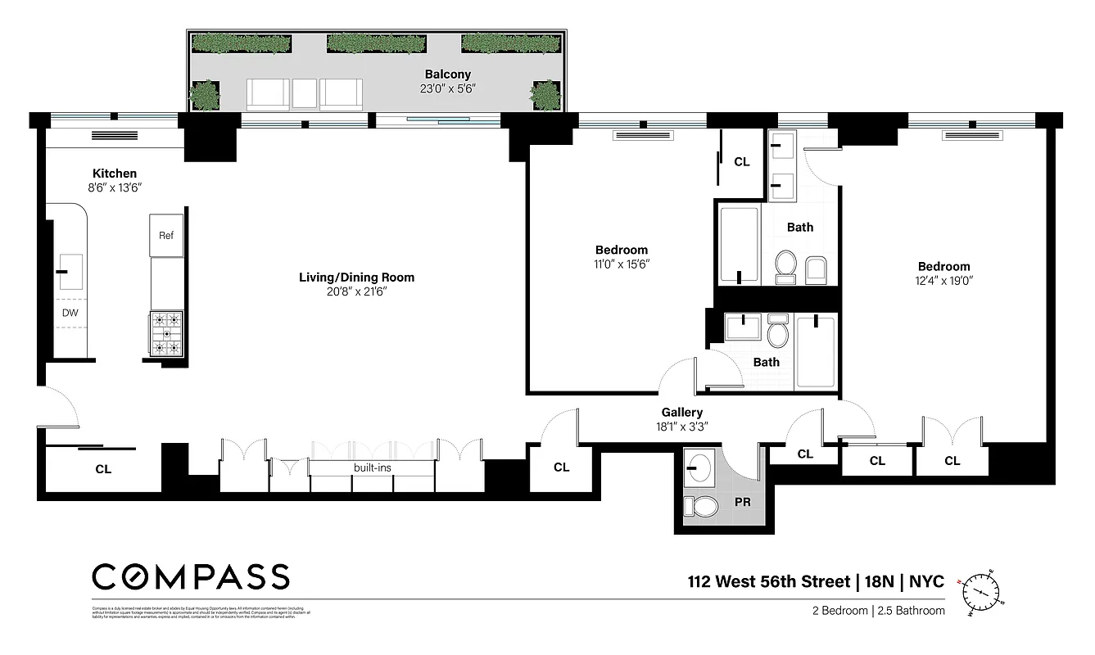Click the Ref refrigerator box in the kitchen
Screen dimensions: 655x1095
click(166, 236)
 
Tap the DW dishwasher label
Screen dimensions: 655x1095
click(70, 313)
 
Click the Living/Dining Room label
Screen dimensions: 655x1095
click(356, 278)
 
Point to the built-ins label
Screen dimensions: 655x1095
click(372, 468)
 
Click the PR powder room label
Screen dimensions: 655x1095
click(742, 500)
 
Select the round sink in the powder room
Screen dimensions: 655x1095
click(701, 468)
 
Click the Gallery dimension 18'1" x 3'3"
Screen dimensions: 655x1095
click(681, 427)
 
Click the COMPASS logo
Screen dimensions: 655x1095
click(190, 576)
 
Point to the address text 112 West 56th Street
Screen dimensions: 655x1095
click(767, 582)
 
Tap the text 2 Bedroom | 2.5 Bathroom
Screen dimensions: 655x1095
click(878, 611)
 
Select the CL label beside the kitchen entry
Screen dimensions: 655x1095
click(103, 469)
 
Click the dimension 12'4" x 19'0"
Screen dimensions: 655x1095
click(943, 280)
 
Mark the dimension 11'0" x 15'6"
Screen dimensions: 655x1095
click(621, 264)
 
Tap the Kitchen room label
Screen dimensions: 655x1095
click(114, 174)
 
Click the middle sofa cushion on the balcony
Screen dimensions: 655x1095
click(304, 93)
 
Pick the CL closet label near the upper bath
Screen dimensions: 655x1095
click(741, 162)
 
